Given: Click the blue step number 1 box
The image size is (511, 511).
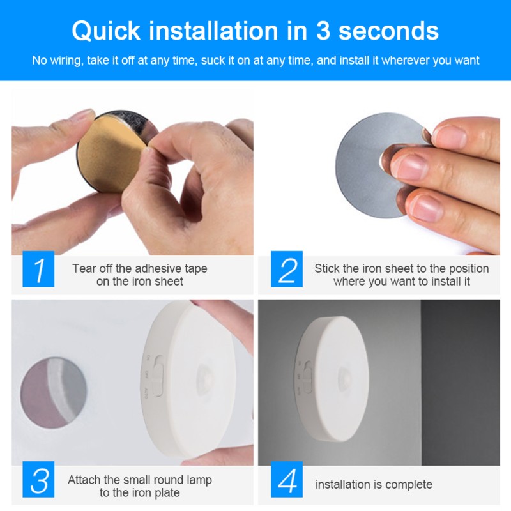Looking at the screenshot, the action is pyautogui.click(x=38, y=269).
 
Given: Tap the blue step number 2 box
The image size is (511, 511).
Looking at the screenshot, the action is pyautogui.click(x=287, y=269).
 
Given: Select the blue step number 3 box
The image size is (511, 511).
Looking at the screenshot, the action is pyautogui.click(x=38, y=479).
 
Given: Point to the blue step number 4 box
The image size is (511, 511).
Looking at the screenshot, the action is pyautogui.click(x=287, y=479).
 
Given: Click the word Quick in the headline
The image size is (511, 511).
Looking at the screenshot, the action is pyautogui.click(x=106, y=31).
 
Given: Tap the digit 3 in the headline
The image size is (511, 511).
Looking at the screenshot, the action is pyautogui.click(x=323, y=31).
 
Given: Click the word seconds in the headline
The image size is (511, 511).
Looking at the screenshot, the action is pyautogui.click(x=388, y=31).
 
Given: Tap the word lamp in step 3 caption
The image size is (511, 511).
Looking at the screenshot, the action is pyautogui.click(x=199, y=480).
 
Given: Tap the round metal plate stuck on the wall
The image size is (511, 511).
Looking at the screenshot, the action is pyautogui.click(x=54, y=392).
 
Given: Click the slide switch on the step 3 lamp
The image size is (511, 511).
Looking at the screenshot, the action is pyautogui.click(x=158, y=376).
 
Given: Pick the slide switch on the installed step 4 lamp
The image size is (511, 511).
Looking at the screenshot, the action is pyautogui.click(x=307, y=376).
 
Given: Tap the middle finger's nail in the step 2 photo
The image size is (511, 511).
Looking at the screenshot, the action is pyautogui.click(x=410, y=167).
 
